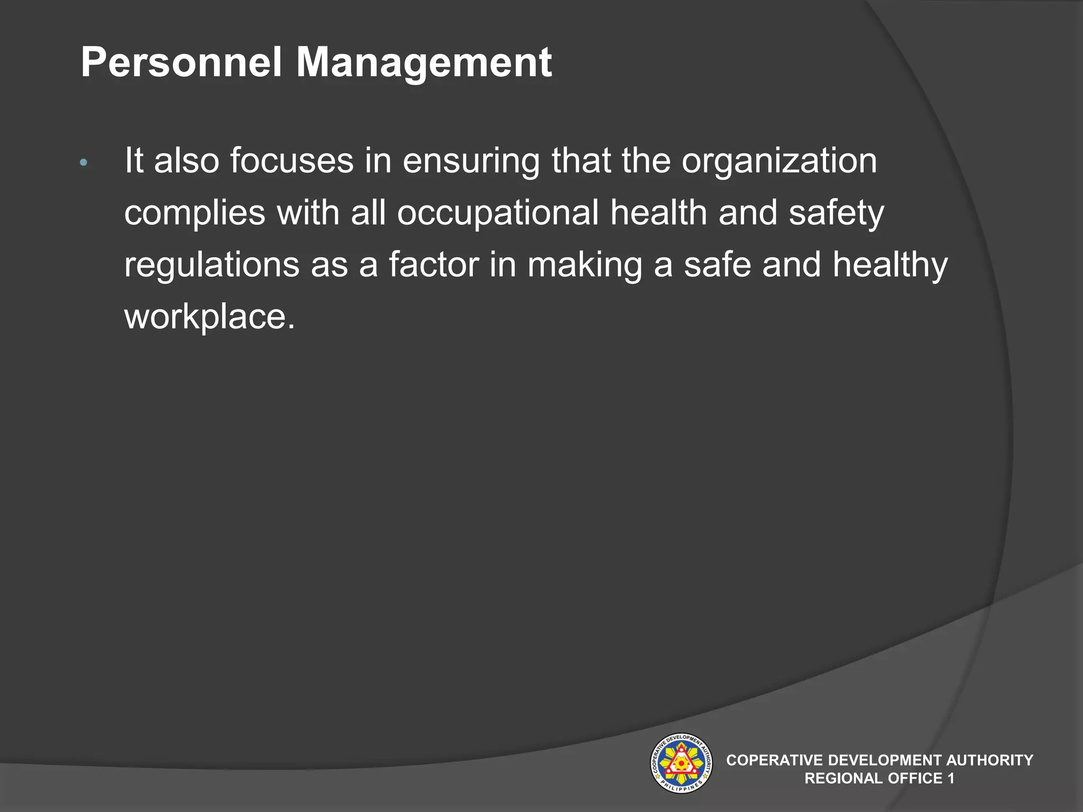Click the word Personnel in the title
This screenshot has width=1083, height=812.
pos(181,62)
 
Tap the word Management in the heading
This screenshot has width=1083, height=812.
pos(424,63)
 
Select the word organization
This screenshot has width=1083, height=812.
pos(779,161)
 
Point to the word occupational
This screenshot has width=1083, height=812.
pos(498,213)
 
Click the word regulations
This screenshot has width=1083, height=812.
pos(212,265)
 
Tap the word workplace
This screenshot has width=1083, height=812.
pos(209,317)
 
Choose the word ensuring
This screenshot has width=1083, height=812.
pos(471,161)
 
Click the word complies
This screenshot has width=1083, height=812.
pos(195,213)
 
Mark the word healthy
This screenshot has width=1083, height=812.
pos(890,265)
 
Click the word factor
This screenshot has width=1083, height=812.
pos(434,264)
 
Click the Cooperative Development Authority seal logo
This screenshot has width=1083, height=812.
pos(681,762)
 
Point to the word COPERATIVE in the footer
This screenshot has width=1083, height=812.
pos(774,760)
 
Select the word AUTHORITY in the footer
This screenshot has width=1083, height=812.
pos(989,760)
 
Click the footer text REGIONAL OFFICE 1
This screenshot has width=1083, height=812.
pos(879,778)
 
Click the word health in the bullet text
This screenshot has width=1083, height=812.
pos(658,213)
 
